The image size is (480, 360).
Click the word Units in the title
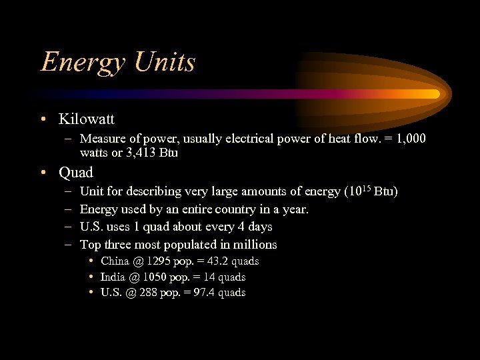[x=165, y=61]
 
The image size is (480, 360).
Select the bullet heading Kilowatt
[x=87, y=119]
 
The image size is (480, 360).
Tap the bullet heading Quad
[x=76, y=173]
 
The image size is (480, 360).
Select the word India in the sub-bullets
[x=113, y=277]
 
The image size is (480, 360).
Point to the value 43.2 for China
[x=218, y=261]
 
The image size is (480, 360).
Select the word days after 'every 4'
[x=259, y=227]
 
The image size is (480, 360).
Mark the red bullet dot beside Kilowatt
[x=43, y=120]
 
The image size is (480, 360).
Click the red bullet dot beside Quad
[x=43, y=173]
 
